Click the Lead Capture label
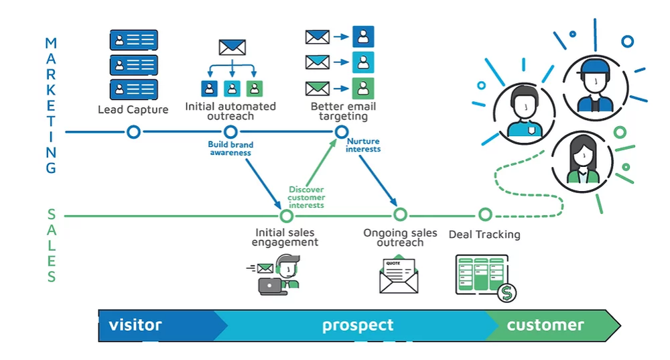pos(133,109)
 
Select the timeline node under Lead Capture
pos(133,132)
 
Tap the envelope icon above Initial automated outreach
pos(232,48)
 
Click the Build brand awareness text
pos(230,148)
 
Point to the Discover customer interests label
pos(307,197)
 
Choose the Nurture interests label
pos(363,145)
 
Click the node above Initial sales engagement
pos(287,216)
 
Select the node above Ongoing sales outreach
pos(400,215)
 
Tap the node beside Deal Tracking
pos(485,215)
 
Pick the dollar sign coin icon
pos(507,292)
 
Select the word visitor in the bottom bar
pos(135,325)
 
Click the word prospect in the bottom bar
pos(358,326)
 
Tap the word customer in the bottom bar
pos(545,325)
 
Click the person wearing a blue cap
pos(594,84)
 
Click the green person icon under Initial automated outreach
pos(254,88)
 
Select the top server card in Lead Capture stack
pos(133,40)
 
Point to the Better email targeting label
pos(343,111)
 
